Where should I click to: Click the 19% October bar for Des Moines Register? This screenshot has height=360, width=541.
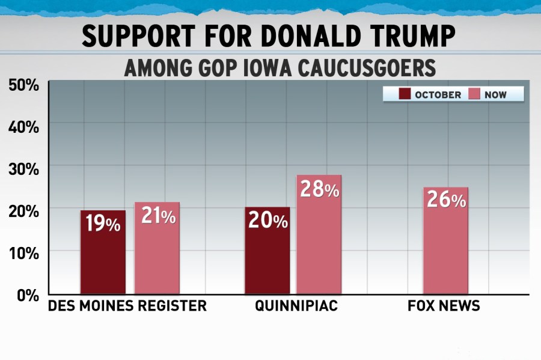[103, 252]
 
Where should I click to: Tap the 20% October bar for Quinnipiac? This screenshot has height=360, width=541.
[267, 251]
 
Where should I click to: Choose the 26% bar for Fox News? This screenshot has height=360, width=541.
[445, 240]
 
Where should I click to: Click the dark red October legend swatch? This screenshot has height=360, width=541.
[404, 94]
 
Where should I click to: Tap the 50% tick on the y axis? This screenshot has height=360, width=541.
[24, 85]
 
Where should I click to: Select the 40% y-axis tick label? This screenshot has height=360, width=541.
[24, 127]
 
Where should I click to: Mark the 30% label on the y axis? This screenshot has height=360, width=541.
[24, 169]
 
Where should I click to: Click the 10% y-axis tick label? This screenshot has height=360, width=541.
[24, 253]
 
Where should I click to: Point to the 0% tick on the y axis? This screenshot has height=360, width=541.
[28, 295]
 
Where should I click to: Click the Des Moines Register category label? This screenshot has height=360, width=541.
[127, 306]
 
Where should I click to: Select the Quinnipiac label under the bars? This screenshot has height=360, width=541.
[296, 306]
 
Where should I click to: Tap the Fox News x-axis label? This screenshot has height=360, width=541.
[444, 306]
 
